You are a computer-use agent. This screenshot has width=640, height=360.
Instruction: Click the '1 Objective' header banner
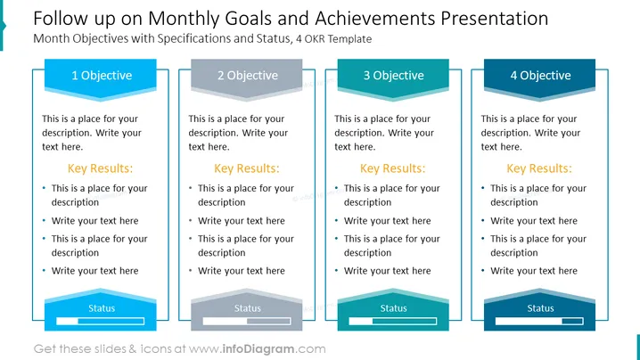coord(101,78)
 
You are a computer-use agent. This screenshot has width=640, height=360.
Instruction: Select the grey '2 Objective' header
coord(247,78)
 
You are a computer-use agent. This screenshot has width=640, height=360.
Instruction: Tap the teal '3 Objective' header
coord(393,78)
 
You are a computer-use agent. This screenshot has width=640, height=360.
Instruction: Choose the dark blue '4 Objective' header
coord(539,78)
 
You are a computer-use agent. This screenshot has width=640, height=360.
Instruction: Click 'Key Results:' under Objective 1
coord(101,168)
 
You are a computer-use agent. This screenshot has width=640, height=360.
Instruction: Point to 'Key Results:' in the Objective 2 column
coord(247,168)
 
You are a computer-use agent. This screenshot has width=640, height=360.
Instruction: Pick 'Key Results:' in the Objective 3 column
coord(393,168)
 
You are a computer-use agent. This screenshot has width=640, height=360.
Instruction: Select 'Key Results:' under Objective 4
coord(539,168)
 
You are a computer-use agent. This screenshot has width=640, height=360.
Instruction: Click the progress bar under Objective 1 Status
coord(101,321)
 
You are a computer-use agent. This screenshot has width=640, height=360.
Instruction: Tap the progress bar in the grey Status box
coord(247,321)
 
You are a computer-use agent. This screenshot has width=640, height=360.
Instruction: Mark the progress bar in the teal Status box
coord(393,321)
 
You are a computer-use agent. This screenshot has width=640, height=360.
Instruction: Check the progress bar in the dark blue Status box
coord(539,321)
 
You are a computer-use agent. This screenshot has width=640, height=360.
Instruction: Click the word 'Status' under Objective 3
coord(393,308)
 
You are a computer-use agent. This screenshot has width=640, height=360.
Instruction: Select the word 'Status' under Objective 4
coord(540,308)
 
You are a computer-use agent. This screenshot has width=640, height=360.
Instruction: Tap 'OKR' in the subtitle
coord(315,39)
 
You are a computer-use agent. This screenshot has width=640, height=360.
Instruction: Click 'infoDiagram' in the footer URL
coord(258,349)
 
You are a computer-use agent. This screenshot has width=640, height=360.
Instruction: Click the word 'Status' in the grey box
coord(247,308)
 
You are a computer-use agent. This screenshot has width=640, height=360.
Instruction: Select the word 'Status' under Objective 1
coord(102,308)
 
